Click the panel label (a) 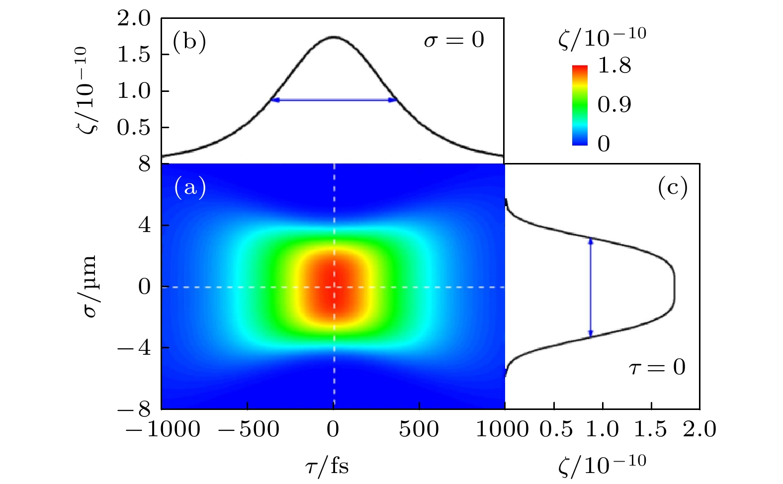point(190,187)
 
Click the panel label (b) point(189,43)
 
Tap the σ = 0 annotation point(454,40)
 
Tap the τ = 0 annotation point(657,367)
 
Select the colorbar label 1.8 point(614,65)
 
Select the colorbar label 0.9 point(614,104)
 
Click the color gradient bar point(580,105)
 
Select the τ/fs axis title point(327,466)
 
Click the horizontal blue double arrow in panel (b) point(334,100)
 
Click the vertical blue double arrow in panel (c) point(591,287)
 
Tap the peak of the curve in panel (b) point(334,37)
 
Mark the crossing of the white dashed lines point(334,287)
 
